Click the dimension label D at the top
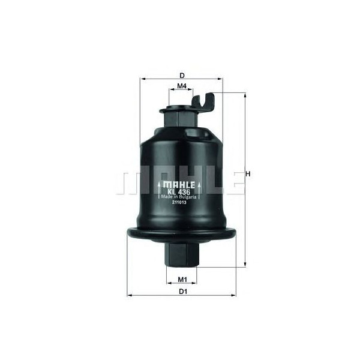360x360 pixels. click(182, 75)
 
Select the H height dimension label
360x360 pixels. click(247, 175)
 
